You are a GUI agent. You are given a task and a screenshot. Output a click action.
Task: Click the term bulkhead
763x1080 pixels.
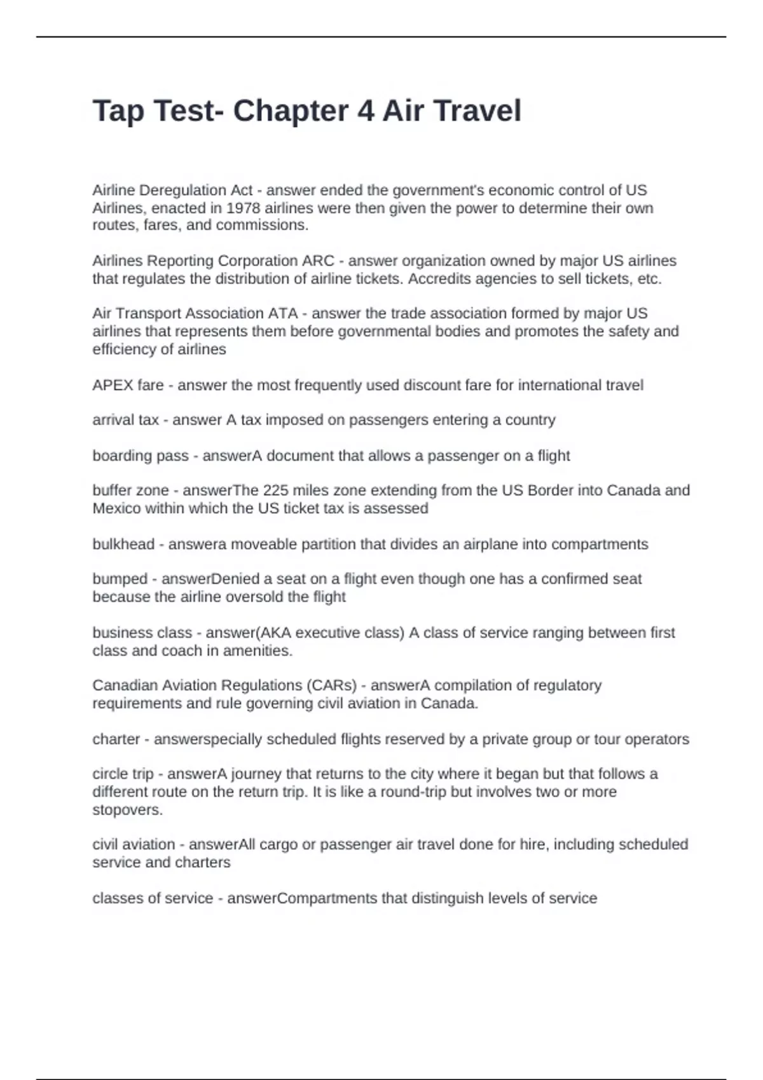[123, 544]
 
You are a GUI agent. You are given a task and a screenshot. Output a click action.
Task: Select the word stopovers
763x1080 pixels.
[127, 811]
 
